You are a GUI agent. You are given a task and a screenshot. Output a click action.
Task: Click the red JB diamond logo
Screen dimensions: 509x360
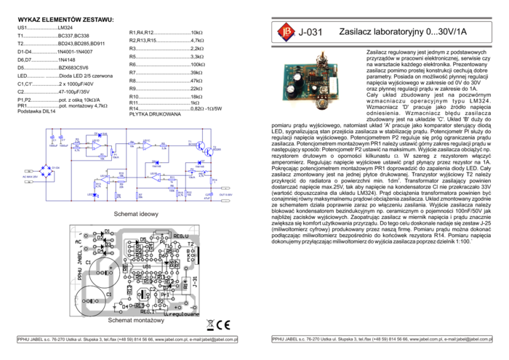pos(285,32)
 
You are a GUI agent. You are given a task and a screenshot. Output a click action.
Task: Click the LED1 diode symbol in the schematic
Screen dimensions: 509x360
pos(95,194)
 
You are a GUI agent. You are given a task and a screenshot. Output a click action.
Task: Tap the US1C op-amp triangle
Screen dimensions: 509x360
pos(147,145)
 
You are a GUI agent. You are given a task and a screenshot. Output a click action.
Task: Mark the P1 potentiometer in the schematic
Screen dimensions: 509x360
pos(113,153)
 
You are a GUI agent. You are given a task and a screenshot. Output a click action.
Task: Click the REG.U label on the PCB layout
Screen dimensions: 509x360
pos(180,236)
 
